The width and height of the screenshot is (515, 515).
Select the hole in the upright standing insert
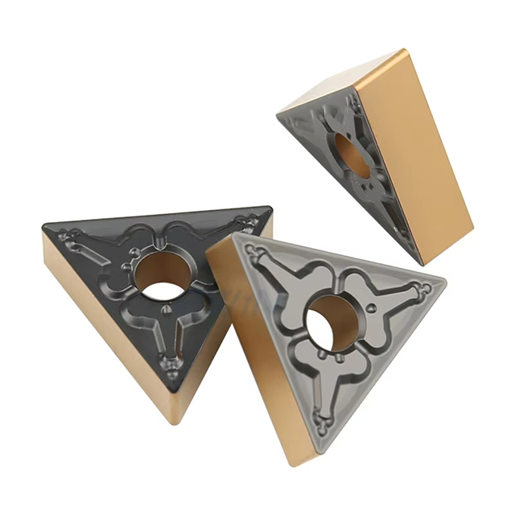click(352, 154)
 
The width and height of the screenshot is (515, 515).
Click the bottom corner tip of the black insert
click(173, 421)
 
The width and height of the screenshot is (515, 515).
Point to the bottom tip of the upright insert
click(420, 262)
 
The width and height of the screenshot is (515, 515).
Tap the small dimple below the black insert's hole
click(167, 308)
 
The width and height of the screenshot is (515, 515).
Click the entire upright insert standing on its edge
click(378, 157)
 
